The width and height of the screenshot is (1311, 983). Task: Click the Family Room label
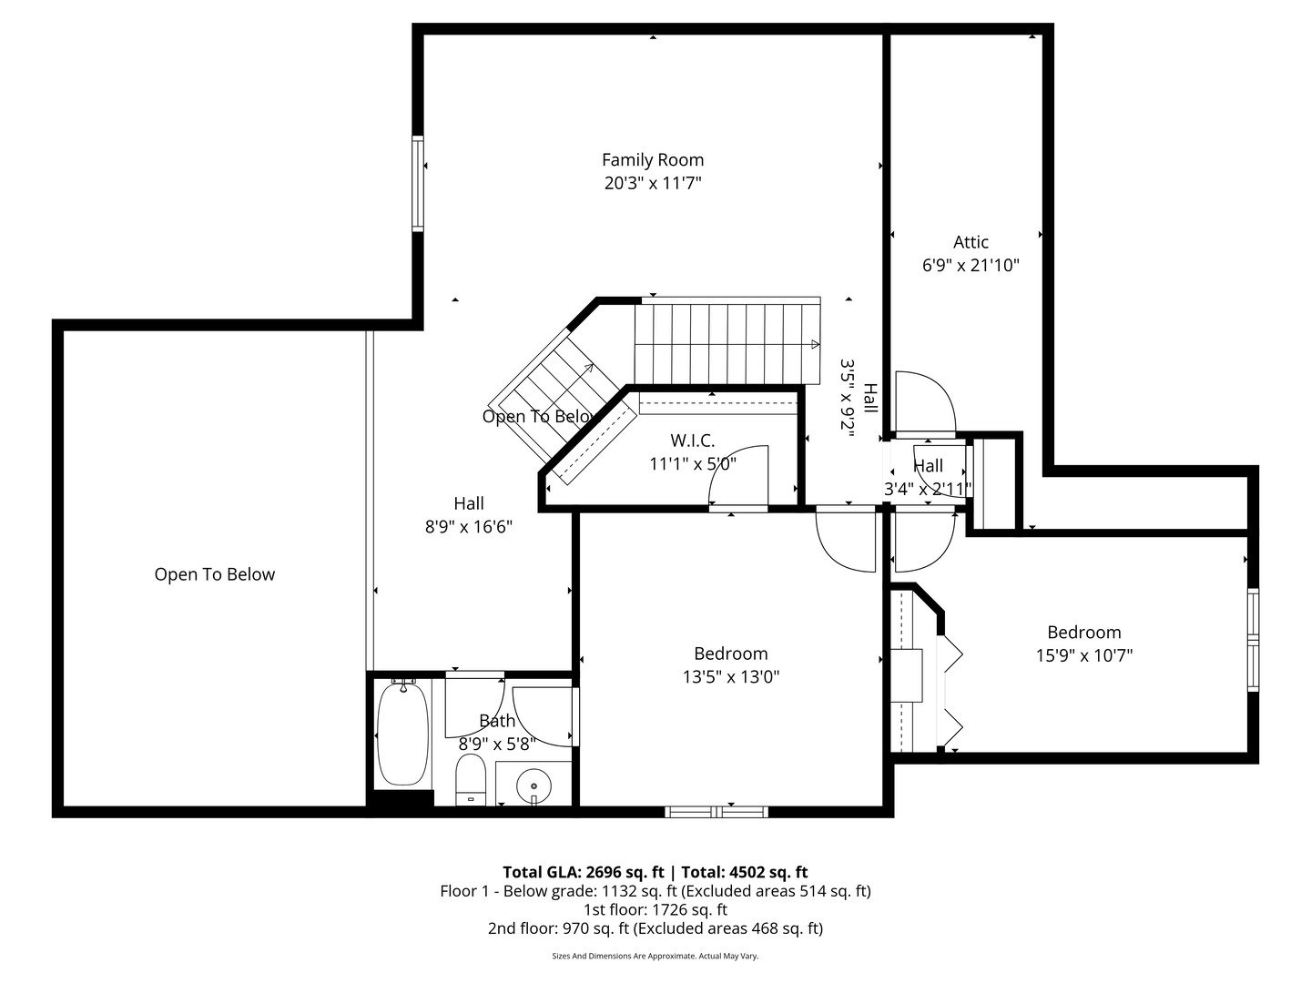[652, 160]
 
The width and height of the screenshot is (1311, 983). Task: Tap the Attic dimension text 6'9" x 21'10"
[971, 266]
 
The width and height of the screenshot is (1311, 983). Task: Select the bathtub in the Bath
[402, 734]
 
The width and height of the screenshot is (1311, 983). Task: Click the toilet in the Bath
[471, 780]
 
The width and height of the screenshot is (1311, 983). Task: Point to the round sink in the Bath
[533, 784]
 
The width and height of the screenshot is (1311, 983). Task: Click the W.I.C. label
[692, 441]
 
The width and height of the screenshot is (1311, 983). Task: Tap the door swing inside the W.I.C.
[742, 474]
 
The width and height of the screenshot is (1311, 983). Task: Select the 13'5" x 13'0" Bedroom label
[730, 676]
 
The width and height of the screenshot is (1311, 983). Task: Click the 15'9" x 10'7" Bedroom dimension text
[1083, 655]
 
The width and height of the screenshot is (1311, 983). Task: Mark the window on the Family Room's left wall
[418, 183]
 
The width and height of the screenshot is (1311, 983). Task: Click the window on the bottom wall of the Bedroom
[716, 811]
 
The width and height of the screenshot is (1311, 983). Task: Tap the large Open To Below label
[214, 574]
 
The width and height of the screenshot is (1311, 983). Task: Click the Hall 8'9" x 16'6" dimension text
[469, 527]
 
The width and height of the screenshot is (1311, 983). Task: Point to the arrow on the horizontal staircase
[814, 344]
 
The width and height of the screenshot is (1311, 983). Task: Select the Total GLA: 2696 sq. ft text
[584, 872]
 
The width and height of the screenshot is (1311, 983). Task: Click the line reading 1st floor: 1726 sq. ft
[655, 909]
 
